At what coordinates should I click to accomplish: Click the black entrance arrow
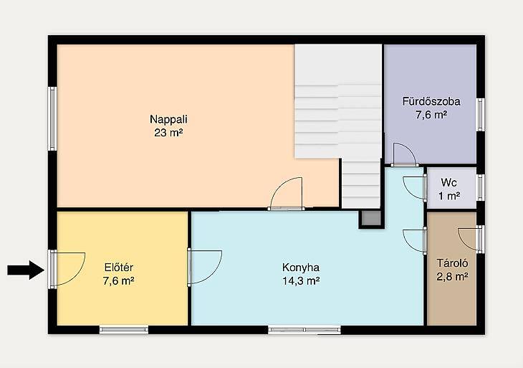coord(26,270)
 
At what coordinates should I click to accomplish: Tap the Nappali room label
coord(168,119)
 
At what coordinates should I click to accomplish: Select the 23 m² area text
coord(168,133)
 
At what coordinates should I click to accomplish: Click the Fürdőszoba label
coord(431,101)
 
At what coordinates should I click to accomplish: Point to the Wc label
coord(448,182)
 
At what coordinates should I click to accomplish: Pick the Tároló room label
coord(453,263)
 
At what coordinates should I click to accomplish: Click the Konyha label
coord(301,268)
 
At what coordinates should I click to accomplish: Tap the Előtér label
coord(119,268)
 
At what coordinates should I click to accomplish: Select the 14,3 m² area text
coord(301,281)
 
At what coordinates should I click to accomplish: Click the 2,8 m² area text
coord(453,277)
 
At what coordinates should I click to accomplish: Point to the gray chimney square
coord(371,218)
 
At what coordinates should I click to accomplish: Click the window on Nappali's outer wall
coord(52,118)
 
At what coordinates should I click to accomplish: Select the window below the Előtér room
coord(124,330)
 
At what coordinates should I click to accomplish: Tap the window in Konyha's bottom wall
coord(304,330)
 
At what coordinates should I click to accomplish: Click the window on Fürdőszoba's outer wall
coord(480,115)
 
